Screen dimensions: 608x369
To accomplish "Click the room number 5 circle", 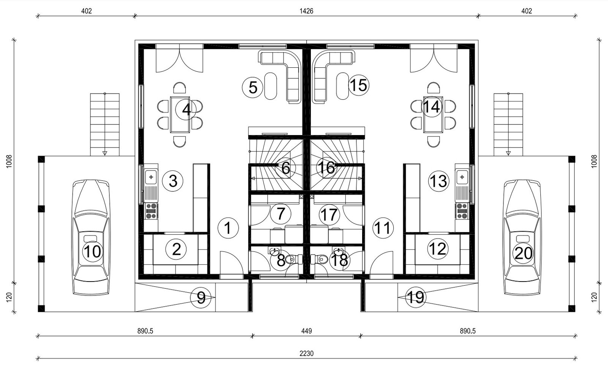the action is pyautogui.click(x=253, y=87).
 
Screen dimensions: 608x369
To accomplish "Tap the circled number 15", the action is pyautogui.click(x=359, y=85).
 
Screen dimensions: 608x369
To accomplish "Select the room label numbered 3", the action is pyautogui.click(x=173, y=181).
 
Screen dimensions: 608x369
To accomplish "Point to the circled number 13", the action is pyautogui.click(x=439, y=181).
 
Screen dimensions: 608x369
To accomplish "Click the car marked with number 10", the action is pyautogui.click(x=91, y=237).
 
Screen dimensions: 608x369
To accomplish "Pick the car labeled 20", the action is pyautogui.click(x=522, y=237).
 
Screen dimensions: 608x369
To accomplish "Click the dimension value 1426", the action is pyautogui.click(x=306, y=11).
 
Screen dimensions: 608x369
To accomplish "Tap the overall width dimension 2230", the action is pyautogui.click(x=306, y=353).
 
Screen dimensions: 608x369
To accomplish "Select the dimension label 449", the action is pyautogui.click(x=306, y=331).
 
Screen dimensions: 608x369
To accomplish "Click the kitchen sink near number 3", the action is pyautogui.click(x=151, y=177).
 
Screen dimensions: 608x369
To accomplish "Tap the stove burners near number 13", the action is pyautogui.click(x=462, y=211).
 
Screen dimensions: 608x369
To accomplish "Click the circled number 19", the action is pyautogui.click(x=416, y=297).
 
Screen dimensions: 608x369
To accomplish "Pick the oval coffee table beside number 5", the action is pyautogui.click(x=271, y=86).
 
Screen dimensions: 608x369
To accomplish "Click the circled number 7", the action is pyautogui.click(x=280, y=213).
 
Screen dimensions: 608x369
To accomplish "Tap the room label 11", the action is pyautogui.click(x=383, y=228).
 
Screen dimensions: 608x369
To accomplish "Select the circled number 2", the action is pyautogui.click(x=176, y=249).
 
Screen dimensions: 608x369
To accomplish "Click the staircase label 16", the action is pyautogui.click(x=327, y=168).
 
